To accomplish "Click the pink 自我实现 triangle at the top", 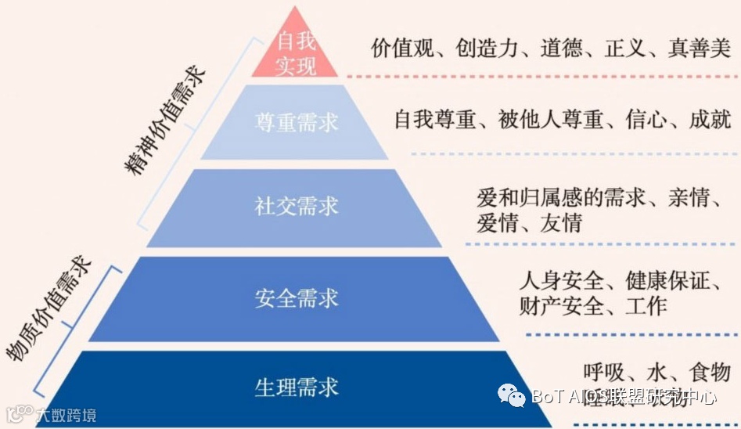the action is pos(295,52).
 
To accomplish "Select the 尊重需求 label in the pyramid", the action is pos(297,122).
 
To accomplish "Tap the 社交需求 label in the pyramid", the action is pos(297,206).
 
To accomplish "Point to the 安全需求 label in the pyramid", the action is pos(297,298).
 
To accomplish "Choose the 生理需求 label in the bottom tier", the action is pos(297,387).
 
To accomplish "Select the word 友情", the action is pos(561,223).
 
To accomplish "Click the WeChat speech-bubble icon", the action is pos(513,396).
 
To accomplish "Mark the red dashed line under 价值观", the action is pos(540,76).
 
